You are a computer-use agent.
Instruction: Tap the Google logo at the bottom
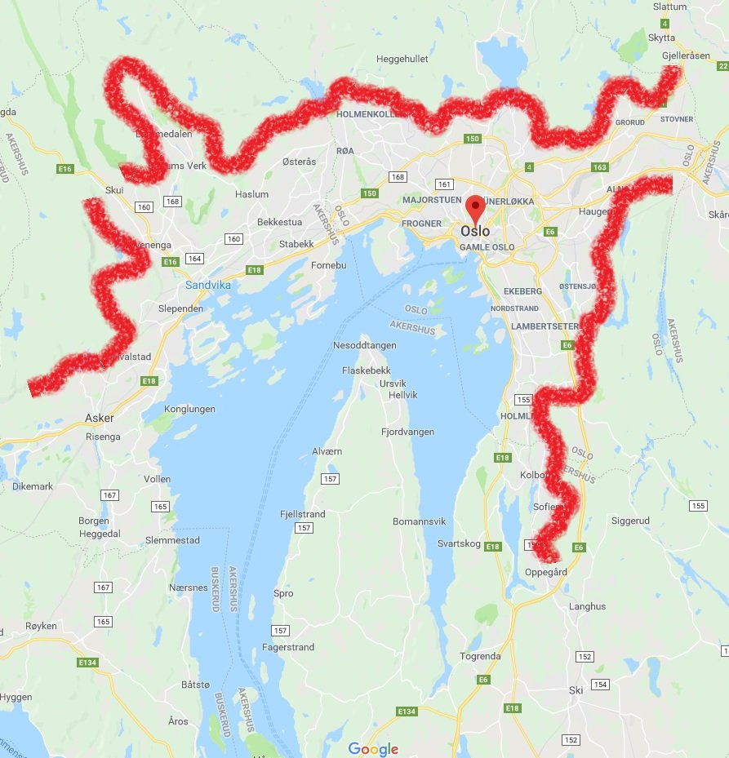[x=373, y=749]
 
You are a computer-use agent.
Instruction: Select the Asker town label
[x=100, y=418]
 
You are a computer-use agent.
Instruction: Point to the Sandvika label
[x=208, y=285]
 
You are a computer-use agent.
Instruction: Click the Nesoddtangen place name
[x=365, y=345]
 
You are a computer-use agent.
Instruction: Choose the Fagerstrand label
[x=288, y=647]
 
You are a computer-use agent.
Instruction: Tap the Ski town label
[x=576, y=689]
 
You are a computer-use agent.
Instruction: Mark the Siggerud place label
[x=630, y=520]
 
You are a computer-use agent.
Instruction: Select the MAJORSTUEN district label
[x=430, y=200]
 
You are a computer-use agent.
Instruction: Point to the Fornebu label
[x=330, y=265]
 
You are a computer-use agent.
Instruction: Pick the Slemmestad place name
[x=172, y=540]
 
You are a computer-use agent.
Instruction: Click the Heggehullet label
[x=402, y=59]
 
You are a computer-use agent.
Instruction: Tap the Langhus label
[x=588, y=606]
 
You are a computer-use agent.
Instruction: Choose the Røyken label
[x=41, y=626]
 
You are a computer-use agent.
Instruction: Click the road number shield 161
[x=444, y=184]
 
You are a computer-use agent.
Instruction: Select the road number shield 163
[x=600, y=167]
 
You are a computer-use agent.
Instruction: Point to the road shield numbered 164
[x=193, y=259]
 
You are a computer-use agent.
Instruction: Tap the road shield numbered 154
[x=601, y=684]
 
